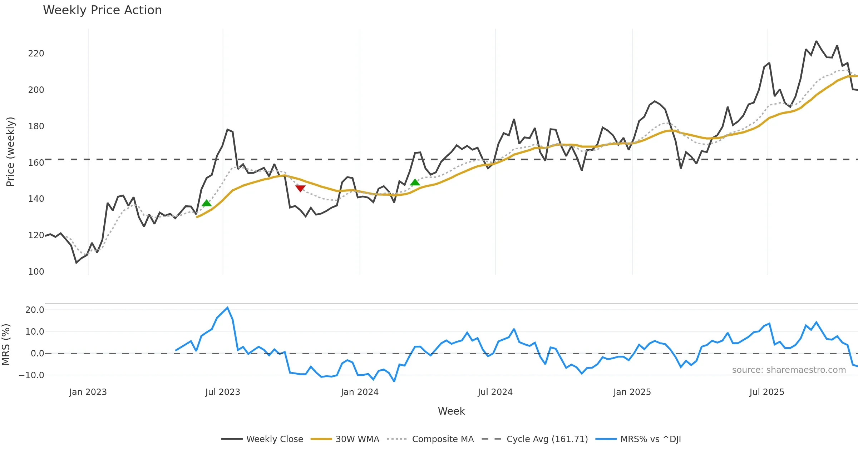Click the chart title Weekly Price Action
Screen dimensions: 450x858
coord(102,10)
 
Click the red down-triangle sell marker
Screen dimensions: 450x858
coord(300,188)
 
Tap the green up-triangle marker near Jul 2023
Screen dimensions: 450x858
coord(207,203)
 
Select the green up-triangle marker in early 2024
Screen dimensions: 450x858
coord(415,182)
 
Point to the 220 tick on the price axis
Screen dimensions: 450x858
coord(36,54)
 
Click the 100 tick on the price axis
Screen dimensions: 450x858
coord(36,272)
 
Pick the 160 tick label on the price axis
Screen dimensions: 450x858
coord(36,163)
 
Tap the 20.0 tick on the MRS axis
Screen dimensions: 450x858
coord(35,310)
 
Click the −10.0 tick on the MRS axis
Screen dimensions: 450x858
coord(31,375)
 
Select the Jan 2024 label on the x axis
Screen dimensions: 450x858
coord(360,392)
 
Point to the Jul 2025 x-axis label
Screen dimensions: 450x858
coord(767,392)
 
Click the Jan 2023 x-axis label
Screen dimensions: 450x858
coord(88,392)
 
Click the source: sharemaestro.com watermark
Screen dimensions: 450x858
coord(789,370)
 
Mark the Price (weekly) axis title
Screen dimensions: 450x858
coord(10,152)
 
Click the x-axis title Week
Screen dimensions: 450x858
coord(451,411)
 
